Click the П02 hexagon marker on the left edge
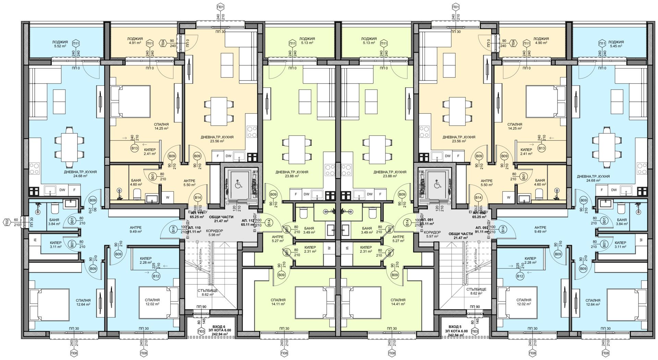[x=6, y=221]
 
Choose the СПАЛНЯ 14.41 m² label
[x=398, y=302]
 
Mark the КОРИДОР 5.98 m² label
[x=215, y=233]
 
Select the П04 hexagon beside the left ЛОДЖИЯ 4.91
[x=163, y=43]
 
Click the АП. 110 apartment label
[x=194, y=229]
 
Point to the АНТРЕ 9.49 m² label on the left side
[x=136, y=229]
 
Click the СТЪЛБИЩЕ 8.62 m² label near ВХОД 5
[x=476, y=291]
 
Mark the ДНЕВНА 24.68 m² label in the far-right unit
[x=593, y=178]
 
